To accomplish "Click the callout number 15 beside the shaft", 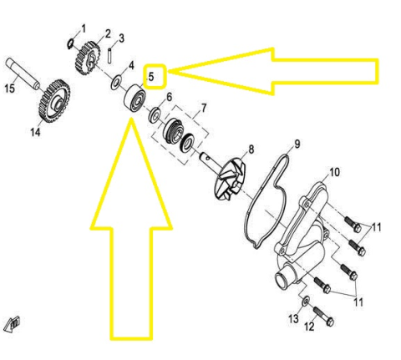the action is [x=10, y=89].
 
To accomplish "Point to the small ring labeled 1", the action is [x=71, y=43].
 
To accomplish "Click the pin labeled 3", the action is [x=110, y=55].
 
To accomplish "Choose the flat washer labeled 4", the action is [x=115, y=83].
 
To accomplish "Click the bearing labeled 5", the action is [x=135, y=97].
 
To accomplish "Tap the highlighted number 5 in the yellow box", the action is [x=151, y=77].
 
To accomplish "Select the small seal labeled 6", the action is [x=155, y=115].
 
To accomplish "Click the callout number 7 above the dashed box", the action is [x=204, y=108].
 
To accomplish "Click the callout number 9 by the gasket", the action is [x=297, y=144].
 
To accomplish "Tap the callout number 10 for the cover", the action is [x=334, y=172].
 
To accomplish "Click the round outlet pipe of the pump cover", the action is [x=284, y=279].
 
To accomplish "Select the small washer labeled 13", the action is [x=306, y=301].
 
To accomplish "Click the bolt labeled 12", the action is [x=323, y=316].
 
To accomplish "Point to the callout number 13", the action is [x=293, y=319].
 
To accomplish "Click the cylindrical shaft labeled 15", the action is [x=23, y=74].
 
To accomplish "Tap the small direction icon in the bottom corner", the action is [x=13, y=325].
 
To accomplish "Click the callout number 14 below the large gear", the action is [x=35, y=132].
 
